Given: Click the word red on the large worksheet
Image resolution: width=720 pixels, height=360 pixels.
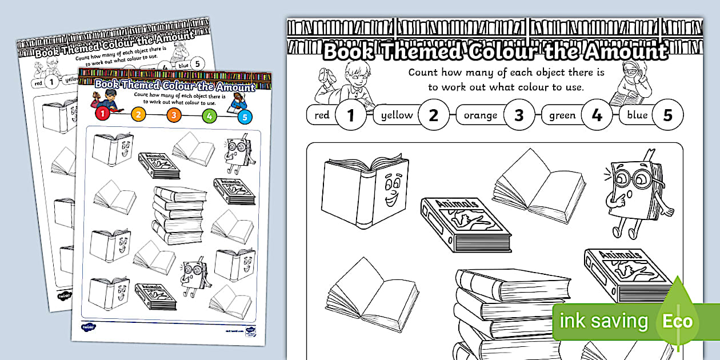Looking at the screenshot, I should [322, 115].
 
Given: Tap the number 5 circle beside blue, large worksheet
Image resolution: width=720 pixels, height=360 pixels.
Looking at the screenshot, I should [667, 115].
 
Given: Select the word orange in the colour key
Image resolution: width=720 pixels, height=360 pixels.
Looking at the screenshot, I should [480, 115].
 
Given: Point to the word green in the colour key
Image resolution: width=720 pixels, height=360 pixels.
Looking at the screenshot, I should [562, 115].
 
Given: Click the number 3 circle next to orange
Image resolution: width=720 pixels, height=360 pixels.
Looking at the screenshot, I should [519, 115].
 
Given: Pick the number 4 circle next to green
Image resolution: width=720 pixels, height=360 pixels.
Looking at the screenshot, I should [597, 115].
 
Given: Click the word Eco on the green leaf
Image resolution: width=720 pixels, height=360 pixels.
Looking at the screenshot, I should [677, 321].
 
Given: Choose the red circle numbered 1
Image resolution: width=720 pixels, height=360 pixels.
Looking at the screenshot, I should [103, 113].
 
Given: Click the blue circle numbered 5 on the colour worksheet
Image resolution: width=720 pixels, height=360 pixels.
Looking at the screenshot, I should [245, 118].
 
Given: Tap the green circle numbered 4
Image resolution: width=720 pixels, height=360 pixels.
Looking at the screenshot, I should [210, 116].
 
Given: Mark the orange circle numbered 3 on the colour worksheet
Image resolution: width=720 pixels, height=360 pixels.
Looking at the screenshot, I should [174, 115].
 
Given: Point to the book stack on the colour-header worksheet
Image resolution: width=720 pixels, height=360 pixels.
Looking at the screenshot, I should [179, 215].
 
